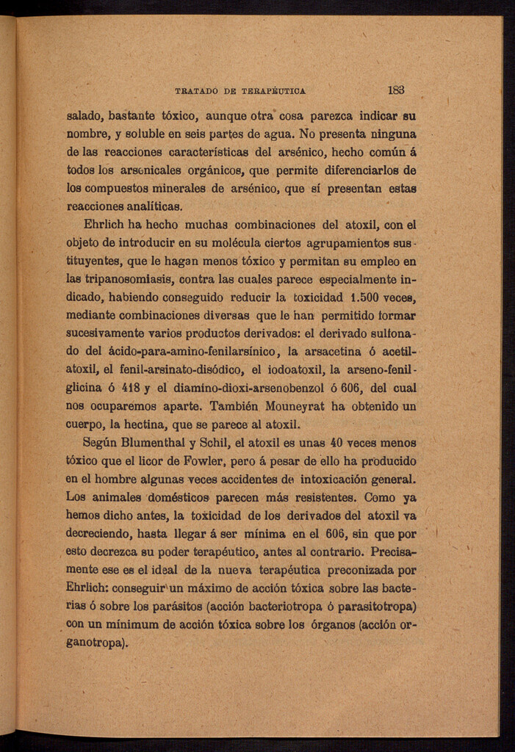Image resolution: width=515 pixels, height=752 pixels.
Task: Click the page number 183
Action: point(396,90)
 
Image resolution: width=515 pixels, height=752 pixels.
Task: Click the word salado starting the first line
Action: point(84,116)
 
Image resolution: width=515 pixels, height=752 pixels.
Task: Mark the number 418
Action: point(133,388)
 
